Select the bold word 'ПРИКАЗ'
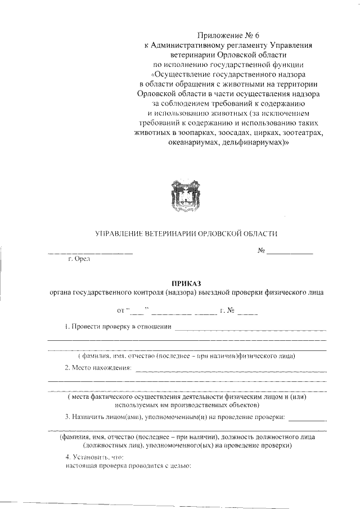pyautogui.click(x=186, y=283)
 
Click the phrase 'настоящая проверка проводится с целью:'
pyautogui.click(x=129, y=466)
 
